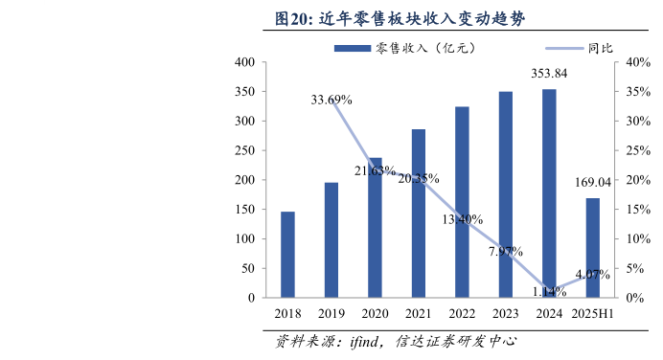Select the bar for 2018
(287, 255)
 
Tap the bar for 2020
(375, 228)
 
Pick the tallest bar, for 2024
(549, 193)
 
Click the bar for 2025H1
(593, 248)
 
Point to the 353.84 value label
(549, 74)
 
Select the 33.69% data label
(331, 99)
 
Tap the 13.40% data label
(462, 219)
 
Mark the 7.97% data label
(505, 251)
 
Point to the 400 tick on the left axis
(244, 62)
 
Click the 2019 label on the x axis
(331, 314)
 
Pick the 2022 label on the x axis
(462, 314)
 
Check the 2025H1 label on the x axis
(592, 314)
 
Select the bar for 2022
(462, 202)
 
